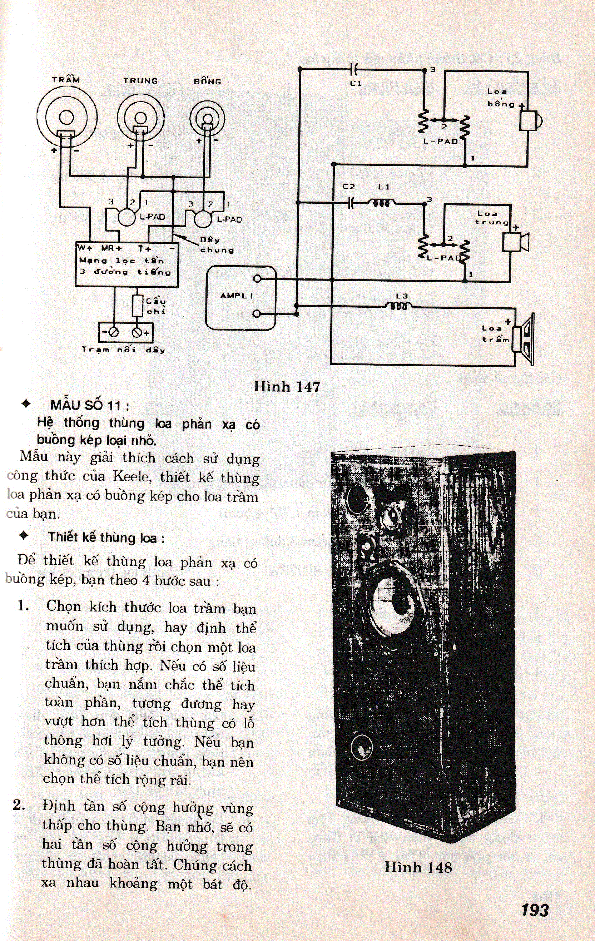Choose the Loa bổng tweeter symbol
(x=530, y=120)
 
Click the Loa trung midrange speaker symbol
(x=515, y=242)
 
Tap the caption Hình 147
(x=287, y=387)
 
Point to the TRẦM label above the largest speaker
(x=66, y=80)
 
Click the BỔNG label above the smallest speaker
(x=208, y=82)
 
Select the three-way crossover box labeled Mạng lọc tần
(x=127, y=265)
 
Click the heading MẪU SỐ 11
(x=90, y=405)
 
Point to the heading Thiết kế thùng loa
(x=106, y=538)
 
